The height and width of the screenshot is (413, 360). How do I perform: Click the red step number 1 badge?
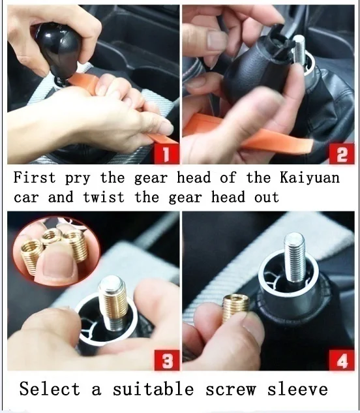[x=166, y=154]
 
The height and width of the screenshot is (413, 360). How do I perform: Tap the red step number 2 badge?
[x=342, y=154]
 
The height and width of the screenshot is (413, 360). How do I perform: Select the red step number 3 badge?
[x=167, y=360]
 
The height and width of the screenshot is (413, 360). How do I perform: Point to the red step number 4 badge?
[x=342, y=360]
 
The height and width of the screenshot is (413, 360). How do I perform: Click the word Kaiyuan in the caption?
[x=309, y=177]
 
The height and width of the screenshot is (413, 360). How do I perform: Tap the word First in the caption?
[x=35, y=177]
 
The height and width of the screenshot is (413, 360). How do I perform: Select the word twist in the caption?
[x=104, y=197]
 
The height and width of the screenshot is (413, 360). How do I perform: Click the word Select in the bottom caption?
[x=50, y=389]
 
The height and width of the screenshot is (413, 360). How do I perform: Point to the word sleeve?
[x=298, y=389]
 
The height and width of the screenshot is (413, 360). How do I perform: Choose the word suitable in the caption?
[x=153, y=389]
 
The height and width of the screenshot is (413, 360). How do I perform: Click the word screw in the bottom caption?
[x=231, y=390]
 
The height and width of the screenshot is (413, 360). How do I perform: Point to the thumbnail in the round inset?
[x=59, y=264]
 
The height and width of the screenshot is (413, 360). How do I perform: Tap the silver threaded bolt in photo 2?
[x=299, y=51]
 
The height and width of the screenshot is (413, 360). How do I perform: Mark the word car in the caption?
[x=26, y=198]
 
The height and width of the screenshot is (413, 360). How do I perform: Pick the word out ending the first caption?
[x=266, y=198]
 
